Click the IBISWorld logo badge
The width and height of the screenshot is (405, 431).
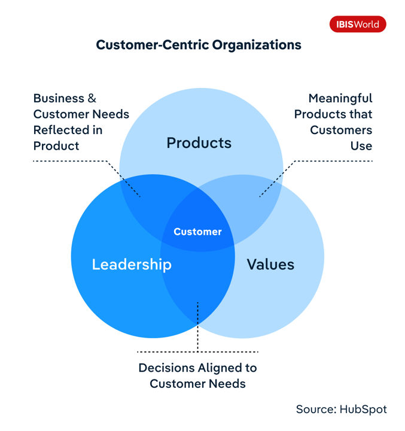358,24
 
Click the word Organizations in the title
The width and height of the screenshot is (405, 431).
257,45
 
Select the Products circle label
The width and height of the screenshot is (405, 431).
199,143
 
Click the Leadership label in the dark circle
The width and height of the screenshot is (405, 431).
132,265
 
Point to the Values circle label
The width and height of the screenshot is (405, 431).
270,265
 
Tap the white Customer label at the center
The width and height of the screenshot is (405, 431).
197,232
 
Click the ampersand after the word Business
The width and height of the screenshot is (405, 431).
92,98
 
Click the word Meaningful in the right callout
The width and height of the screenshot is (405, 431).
340,98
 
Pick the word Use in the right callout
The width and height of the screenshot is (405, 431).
361,146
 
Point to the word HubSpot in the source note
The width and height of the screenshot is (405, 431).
363,409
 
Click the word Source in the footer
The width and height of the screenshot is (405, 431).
316,409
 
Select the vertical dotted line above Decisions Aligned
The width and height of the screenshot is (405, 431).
197,327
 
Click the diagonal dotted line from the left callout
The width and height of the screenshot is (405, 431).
123,179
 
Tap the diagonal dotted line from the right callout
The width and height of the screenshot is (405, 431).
277,179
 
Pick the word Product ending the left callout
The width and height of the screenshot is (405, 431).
56,146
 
